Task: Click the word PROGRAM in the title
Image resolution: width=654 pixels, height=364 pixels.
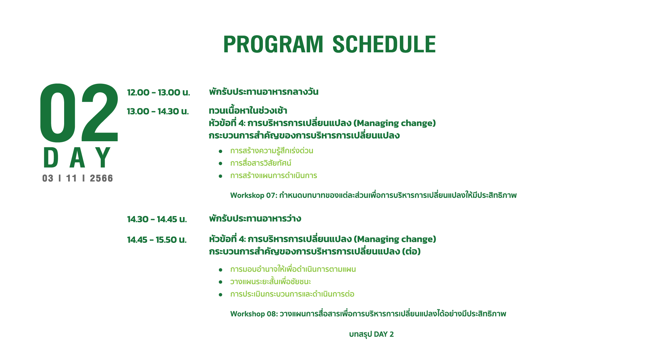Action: click(273, 44)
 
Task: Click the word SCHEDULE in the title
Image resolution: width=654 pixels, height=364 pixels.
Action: click(384, 44)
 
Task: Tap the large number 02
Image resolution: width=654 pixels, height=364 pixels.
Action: click(79, 113)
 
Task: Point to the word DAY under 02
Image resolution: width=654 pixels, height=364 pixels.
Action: click(77, 157)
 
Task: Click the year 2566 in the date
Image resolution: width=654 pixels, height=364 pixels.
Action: click(101, 178)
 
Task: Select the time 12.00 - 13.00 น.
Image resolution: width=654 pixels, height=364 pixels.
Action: click(158, 92)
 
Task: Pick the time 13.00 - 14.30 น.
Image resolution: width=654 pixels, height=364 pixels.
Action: click(158, 111)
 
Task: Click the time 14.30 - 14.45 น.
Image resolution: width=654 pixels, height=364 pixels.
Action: click(157, 219)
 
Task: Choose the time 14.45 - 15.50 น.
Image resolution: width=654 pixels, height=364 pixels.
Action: click(157, 240)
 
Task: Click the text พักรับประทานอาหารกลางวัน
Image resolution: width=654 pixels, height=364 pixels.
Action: click(264, 92)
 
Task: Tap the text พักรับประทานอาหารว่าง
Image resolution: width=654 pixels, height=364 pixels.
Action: click(255, 218)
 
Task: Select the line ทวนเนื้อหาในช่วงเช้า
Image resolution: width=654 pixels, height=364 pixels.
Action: click(248, 110)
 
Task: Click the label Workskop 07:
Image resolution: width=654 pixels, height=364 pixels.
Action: click(254, 195)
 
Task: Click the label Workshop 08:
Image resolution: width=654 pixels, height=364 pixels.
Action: click(254, 314)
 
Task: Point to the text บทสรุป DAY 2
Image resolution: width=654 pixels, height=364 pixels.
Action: click(371, 334)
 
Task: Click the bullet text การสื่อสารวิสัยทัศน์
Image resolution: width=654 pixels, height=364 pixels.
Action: click(261, 163)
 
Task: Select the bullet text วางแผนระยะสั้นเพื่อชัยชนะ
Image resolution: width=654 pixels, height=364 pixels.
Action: click(271, 281)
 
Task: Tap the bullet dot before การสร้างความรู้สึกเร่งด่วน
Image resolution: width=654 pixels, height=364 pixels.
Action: click(221, 152)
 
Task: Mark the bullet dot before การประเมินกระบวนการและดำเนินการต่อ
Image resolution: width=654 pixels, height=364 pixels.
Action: click(221, 295)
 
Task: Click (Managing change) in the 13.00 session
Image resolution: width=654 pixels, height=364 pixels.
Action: click(394, 123)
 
